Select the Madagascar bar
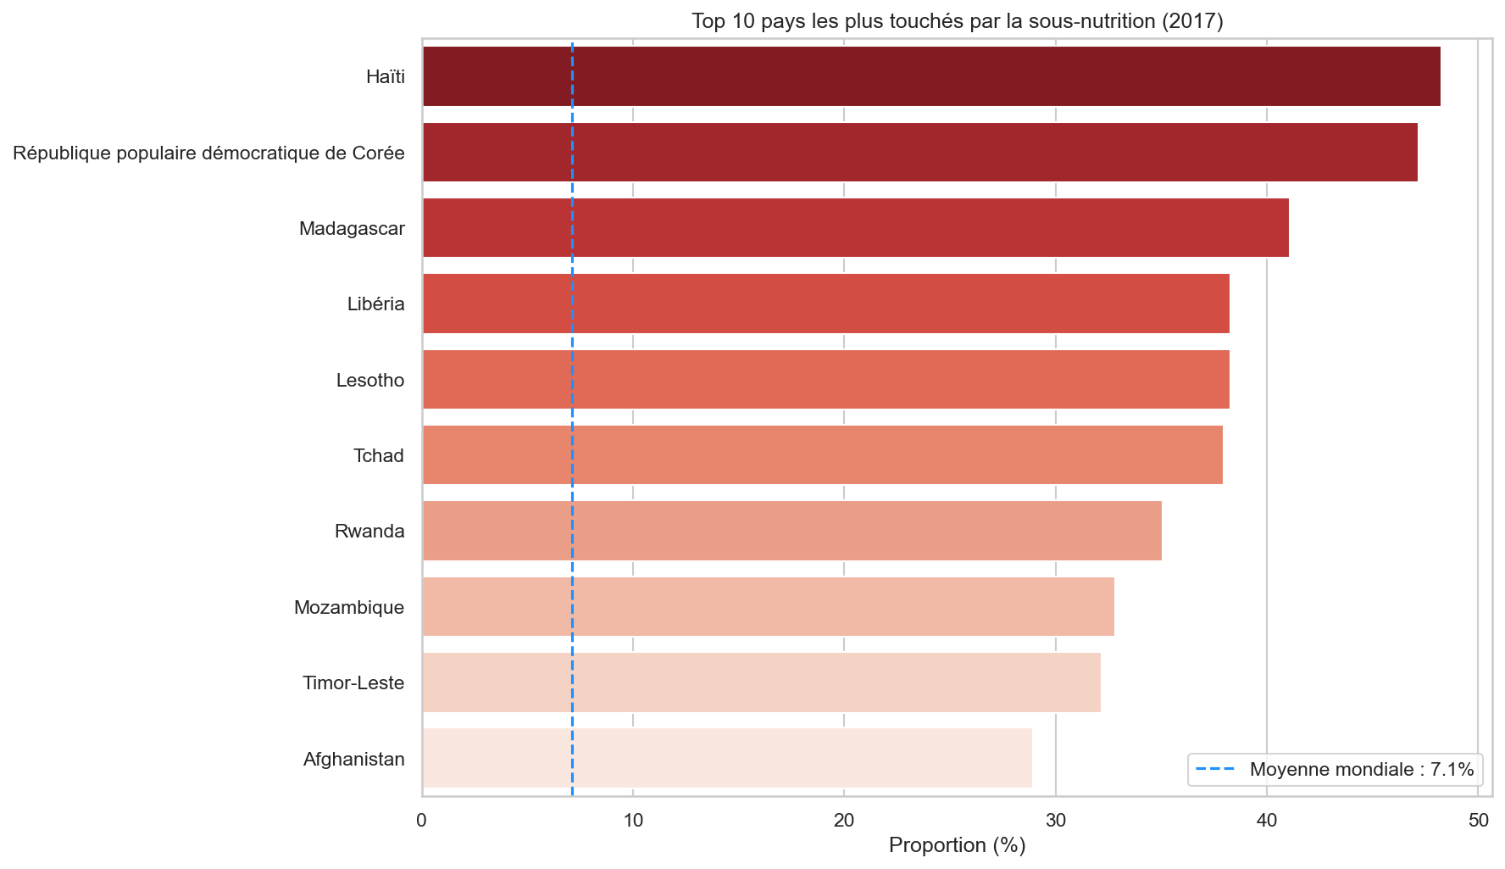[855, 228]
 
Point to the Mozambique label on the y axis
[349, 607]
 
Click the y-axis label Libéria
[375, 304]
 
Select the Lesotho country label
[370, 380]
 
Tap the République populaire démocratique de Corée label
[208, 153]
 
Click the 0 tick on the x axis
[422, 820]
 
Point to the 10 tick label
[633, 820]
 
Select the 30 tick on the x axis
[1056, 820]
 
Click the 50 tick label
[1478, 820]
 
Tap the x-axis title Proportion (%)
[957, 845]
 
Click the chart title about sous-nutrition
[957, 21]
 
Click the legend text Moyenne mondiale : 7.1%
[1361, 770]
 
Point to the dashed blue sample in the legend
[1214, 770]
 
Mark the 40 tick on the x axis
[1267, 820]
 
